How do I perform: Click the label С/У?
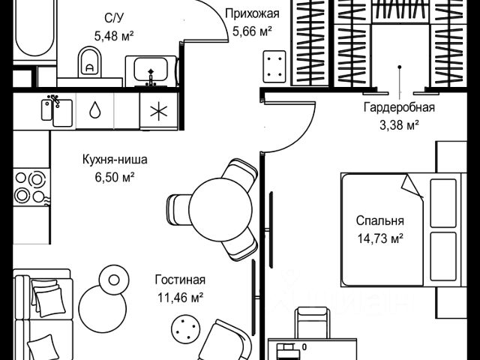click(115, 17)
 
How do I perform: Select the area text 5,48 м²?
click(114, 34)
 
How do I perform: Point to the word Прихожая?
click(252, 13)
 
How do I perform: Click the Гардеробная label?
click(399, 107)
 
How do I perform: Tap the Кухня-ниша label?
click(115, 159)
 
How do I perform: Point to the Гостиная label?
click(180, 280)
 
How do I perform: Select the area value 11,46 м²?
click(180, 296)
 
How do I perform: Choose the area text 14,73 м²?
click(379, 238)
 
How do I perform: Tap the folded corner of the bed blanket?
click(412, 184)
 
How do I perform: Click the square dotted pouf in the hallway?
click(273, 67)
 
